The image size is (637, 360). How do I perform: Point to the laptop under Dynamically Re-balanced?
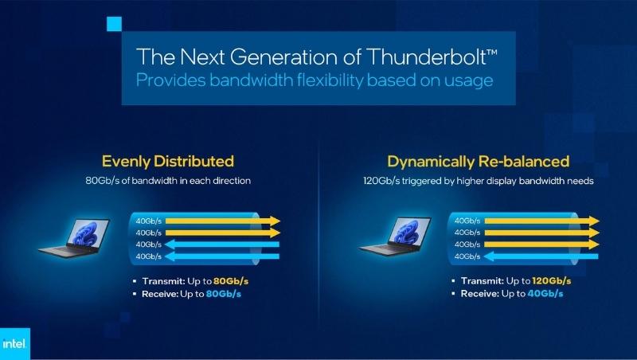393,238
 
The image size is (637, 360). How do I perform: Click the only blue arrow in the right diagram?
542,256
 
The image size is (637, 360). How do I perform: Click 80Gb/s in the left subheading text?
101,181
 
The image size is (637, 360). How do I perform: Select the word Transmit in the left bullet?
162,281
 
